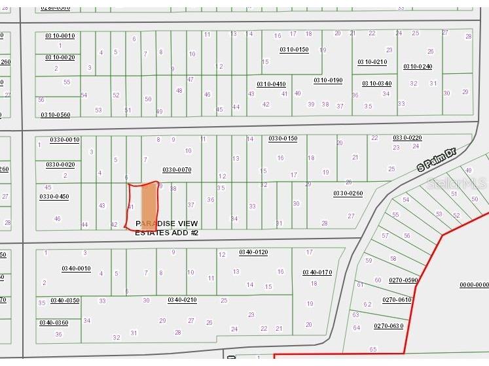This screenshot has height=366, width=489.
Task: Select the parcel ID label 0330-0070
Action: (x=177, y=170)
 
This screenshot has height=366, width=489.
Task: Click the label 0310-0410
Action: (x=271, y=84)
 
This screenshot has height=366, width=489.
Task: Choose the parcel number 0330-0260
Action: (x=348, y=193)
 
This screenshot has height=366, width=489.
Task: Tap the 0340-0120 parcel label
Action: (x=253, y=252)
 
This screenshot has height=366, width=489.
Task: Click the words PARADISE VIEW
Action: (x=166, y=224)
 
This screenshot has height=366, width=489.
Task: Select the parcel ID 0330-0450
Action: (x=54, y=196)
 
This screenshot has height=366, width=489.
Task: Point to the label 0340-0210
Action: (x=182, y=300)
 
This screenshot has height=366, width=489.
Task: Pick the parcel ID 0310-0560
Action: (x=55, y=115)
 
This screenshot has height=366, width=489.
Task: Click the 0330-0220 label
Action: (x=407, y=138)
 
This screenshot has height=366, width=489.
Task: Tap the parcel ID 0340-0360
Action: (x=54, y=322)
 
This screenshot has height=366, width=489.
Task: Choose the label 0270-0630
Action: (x=388, y=325)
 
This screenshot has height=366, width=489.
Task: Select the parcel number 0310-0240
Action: (x=418, y=67)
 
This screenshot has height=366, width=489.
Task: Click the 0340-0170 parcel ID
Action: (x=317, y=272)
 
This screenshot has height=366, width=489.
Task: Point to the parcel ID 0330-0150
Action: (x=283, y=139)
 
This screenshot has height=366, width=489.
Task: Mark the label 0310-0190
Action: (x=328, y=80)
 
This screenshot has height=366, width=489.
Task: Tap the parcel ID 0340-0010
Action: (x=77, y=268)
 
